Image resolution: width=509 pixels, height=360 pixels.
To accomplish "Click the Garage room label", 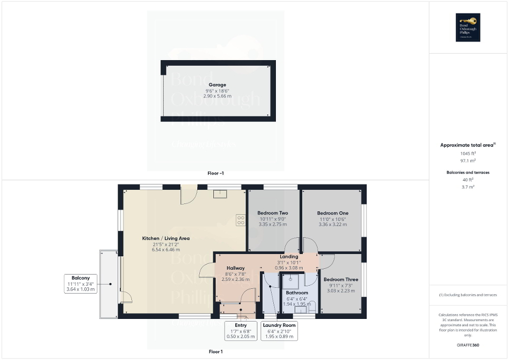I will pyautogui.click(x=217, y=84).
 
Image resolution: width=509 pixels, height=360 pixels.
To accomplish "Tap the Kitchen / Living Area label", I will pyautogui.click(x=166, y=238).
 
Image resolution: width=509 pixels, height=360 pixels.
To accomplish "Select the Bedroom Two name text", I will pyautogui.click(x=273, y=213).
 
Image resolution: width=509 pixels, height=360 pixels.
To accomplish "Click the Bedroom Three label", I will pyautogui.click(x=341, y=279).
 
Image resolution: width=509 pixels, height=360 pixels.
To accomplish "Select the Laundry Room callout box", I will pyautogui.click(x=280, y=330).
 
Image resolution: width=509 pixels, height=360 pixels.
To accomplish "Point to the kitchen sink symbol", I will pyautogui.click(x=219, y=194).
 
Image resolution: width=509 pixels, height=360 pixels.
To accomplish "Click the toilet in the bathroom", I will pyautogui.click(x=312, y=304).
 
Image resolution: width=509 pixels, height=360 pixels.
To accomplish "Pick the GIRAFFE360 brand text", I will pyautogui.click(x=468, y=345).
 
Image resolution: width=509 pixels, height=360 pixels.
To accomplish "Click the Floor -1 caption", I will pyautogui.click(x=216, y=173).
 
